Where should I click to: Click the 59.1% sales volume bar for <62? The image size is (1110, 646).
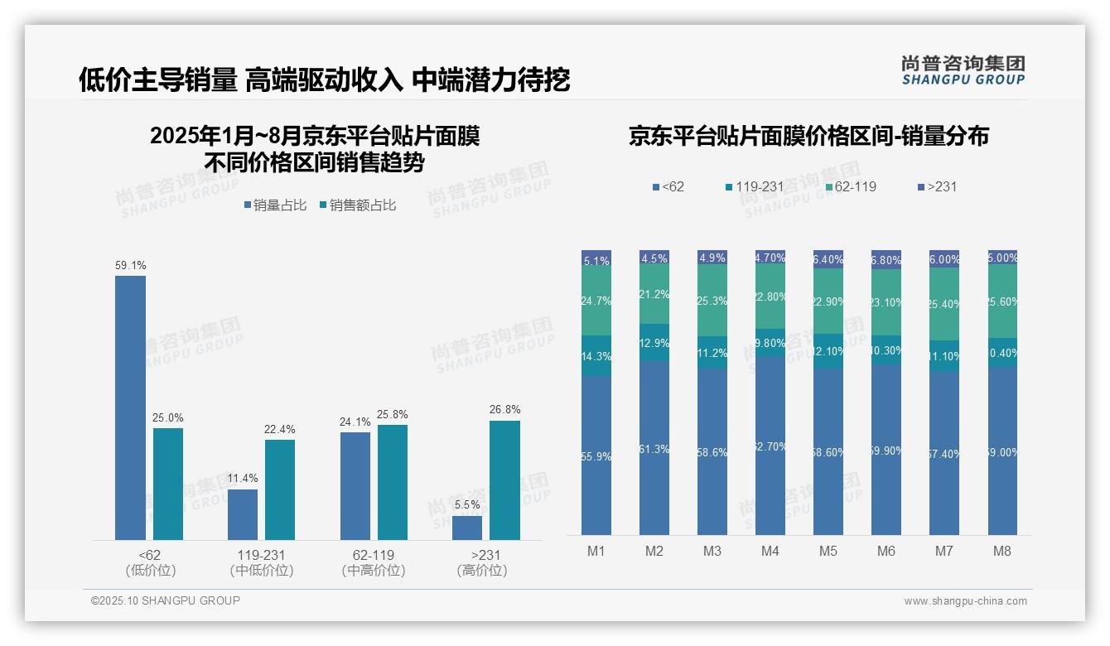tap(130, 407)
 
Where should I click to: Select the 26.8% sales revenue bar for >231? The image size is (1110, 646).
tap(504, 480)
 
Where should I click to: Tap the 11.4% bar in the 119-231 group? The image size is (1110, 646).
tap(243, 514)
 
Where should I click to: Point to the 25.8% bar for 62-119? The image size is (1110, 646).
tap(393, 482)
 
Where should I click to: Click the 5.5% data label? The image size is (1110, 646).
tap(467, 504)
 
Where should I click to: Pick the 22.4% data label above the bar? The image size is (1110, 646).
tap(281, 429)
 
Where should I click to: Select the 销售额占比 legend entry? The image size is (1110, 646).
tap(357, 205)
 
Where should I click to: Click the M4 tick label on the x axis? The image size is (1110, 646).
tap(770, 552)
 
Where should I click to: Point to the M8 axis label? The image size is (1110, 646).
tap(1002, 552)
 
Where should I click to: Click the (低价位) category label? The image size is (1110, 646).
tap(150, 571)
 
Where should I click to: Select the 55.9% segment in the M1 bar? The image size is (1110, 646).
tap(596, 456)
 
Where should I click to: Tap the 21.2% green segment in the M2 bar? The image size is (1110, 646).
tap(654, 294)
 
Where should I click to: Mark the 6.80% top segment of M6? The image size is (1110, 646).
tap(886, 260)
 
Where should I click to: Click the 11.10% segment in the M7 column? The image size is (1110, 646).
tap(944, 356)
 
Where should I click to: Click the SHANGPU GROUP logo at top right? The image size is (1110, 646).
tap(963, 70)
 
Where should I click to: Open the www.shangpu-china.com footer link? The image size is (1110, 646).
tap(965, 601)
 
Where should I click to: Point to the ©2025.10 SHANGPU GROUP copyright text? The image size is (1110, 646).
tap(166, 600)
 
